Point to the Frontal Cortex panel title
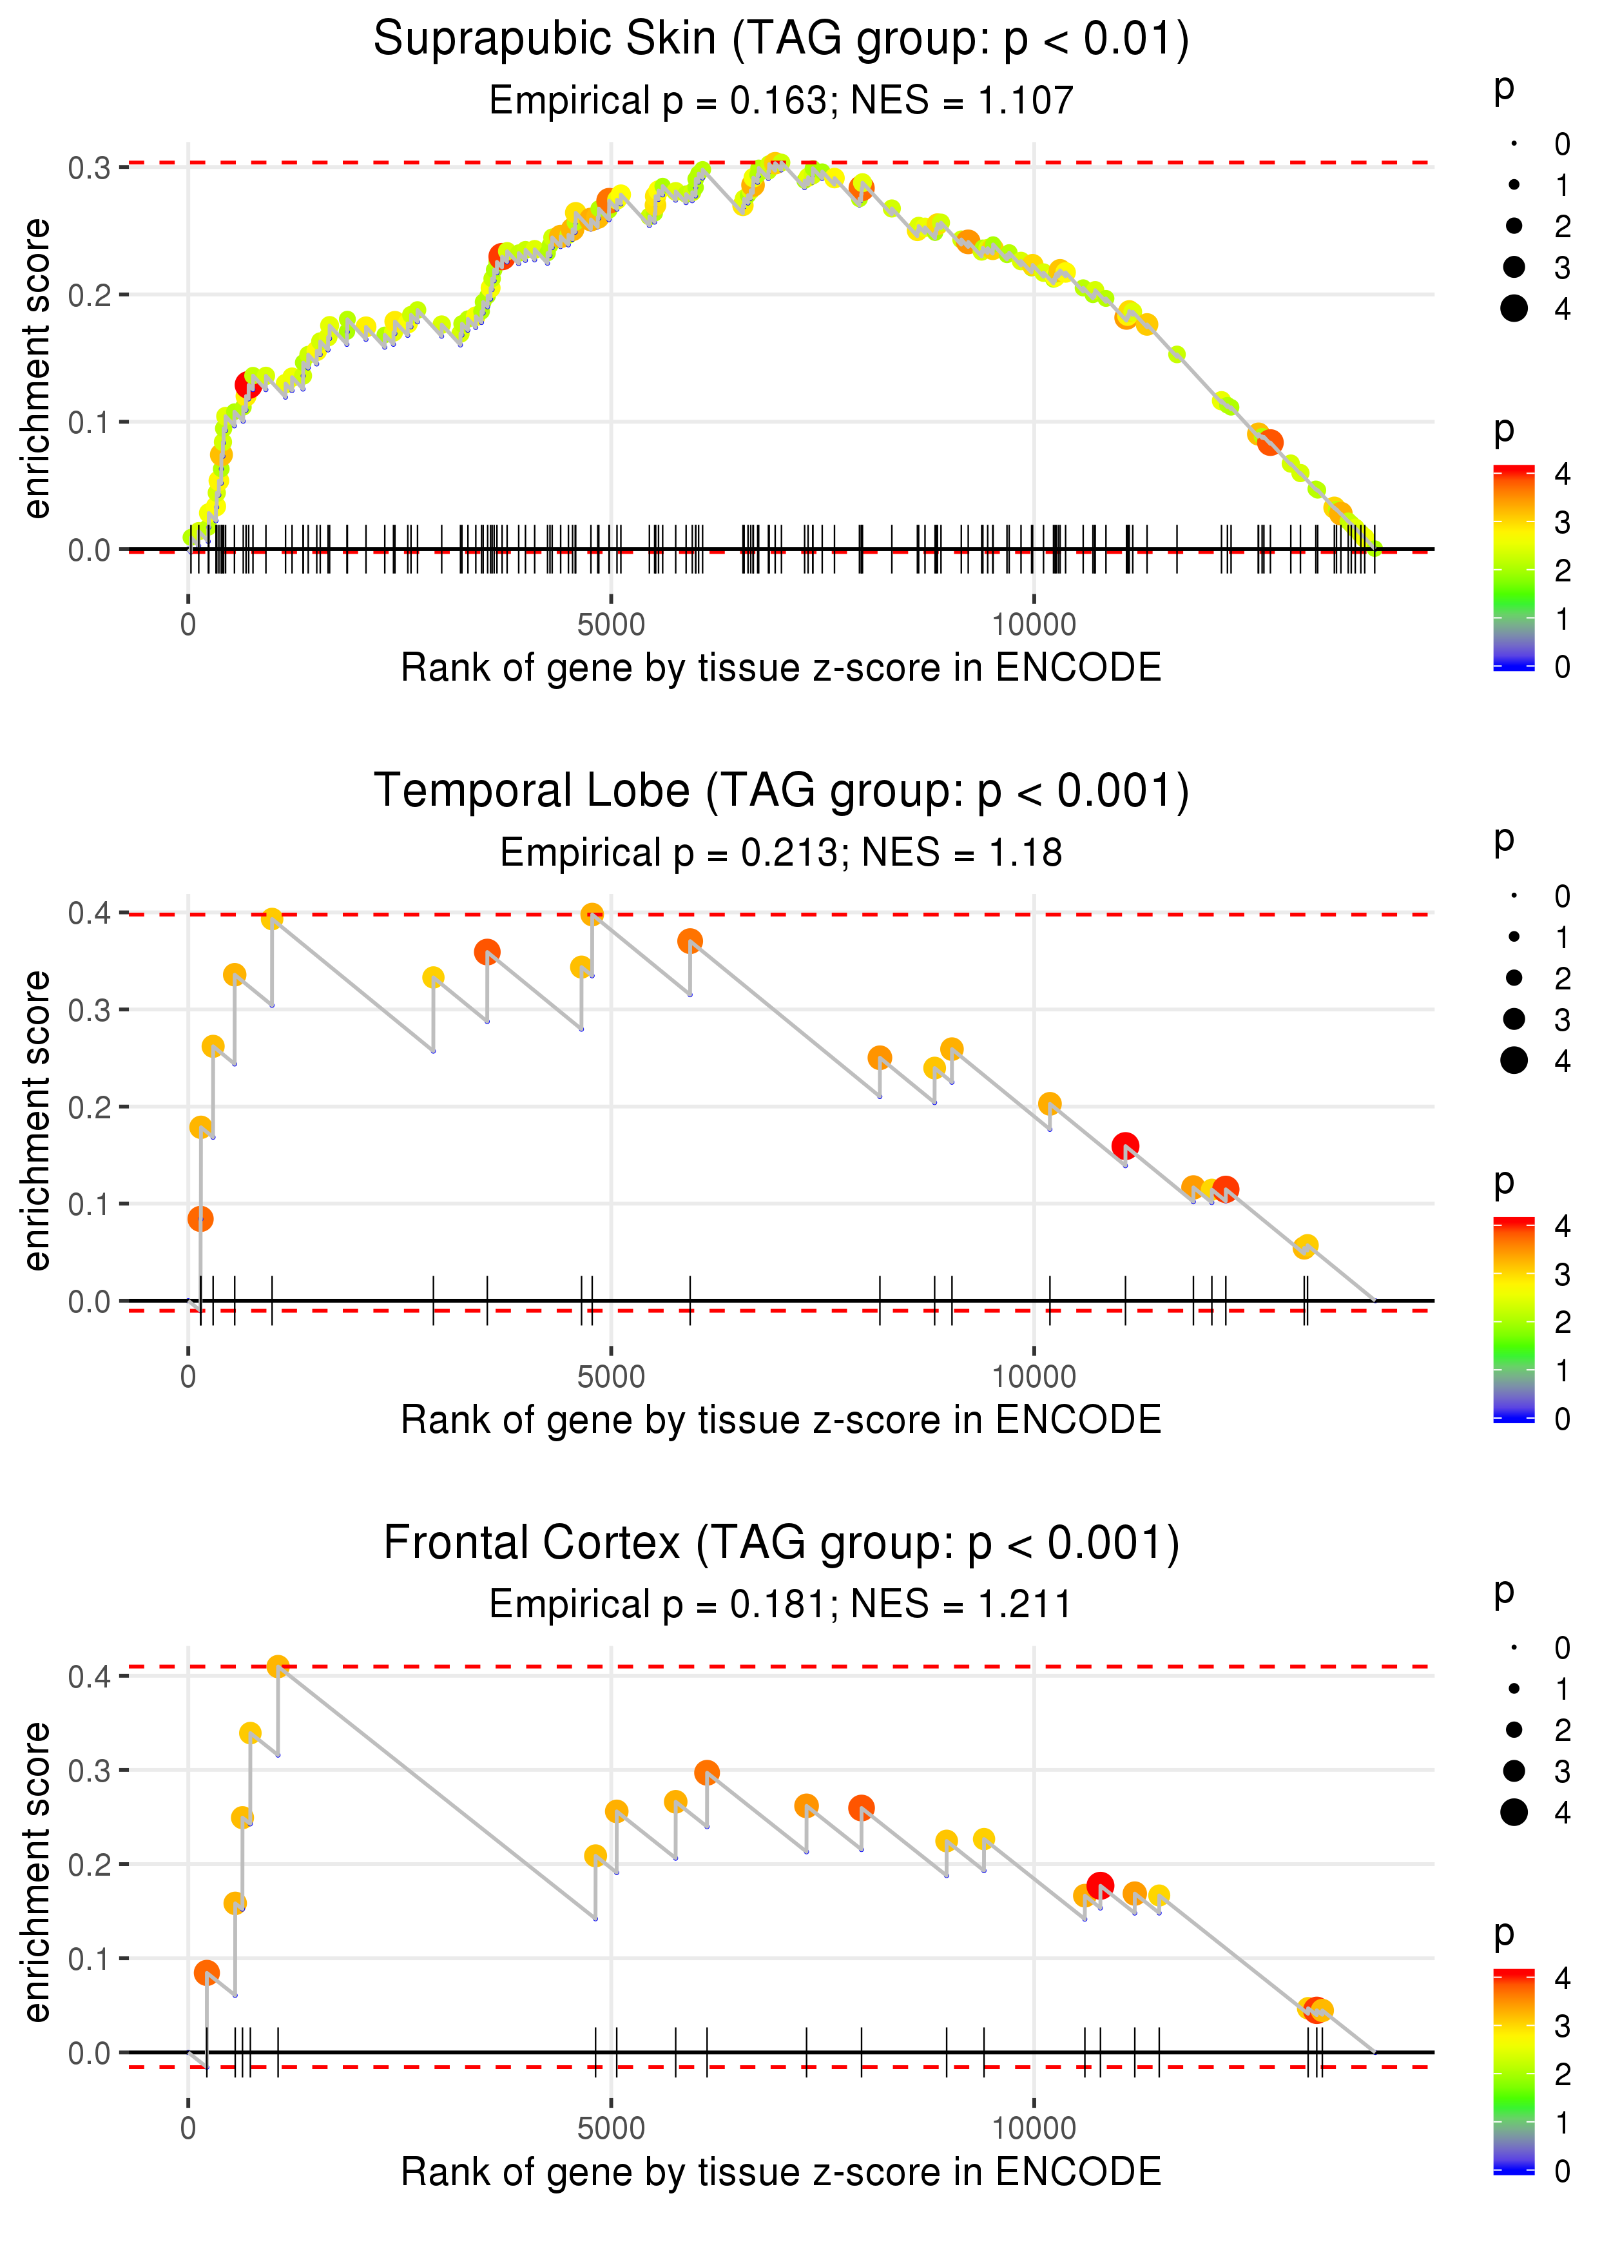pyautogui.click(x=781, y=1544)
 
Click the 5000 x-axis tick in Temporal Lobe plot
pyautogui.click(x=610, y=1377)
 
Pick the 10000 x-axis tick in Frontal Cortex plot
pyautogui.click(x=1034, y=2128)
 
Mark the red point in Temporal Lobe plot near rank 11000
pyautogui.click(x=1125, y=1146)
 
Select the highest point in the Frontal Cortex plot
pyautogui.click(x=278, y=1666)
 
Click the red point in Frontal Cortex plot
pyautogui.click(x=1099, y=1885)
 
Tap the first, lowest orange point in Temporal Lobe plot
pyautogui.click(x=200, y=1218)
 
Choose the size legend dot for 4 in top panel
pyautogui.click(x=1514, y=309)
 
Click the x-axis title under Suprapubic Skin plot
pyautogui.click(x=781, y=668)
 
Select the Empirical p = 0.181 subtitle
pyautogui.click(x=662, y=1604)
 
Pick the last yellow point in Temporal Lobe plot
pyautogui.click(x=1306, y=1246)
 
